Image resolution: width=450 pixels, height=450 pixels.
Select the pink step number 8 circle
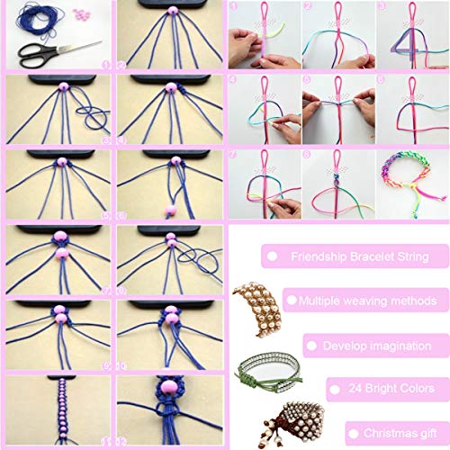click(x=306, y=154)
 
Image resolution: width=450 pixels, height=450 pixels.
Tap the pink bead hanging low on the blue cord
click(x=168, y=210)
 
